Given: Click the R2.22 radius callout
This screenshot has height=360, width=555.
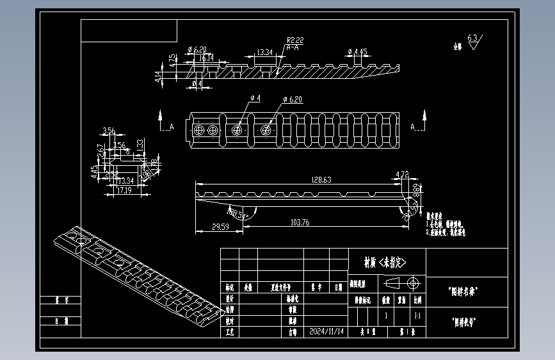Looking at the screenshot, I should click(295, 40).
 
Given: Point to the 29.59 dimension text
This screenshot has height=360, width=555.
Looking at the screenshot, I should click(220, 226).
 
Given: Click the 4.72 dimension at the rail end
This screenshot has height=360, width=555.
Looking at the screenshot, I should click(403, 174).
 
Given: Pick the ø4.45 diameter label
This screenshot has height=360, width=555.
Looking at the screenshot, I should click(357, 51).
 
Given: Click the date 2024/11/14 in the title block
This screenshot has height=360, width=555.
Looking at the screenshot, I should click(326, 332).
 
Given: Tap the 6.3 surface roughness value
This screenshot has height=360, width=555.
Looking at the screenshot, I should click(472, 38).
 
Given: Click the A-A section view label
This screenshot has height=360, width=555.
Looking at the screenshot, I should click(293, 47).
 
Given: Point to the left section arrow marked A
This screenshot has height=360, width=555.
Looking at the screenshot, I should click(160, 119).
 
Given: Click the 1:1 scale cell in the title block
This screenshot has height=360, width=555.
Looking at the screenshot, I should click(417, 316).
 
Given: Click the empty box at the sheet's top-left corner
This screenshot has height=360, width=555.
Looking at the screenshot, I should click(129, 30).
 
